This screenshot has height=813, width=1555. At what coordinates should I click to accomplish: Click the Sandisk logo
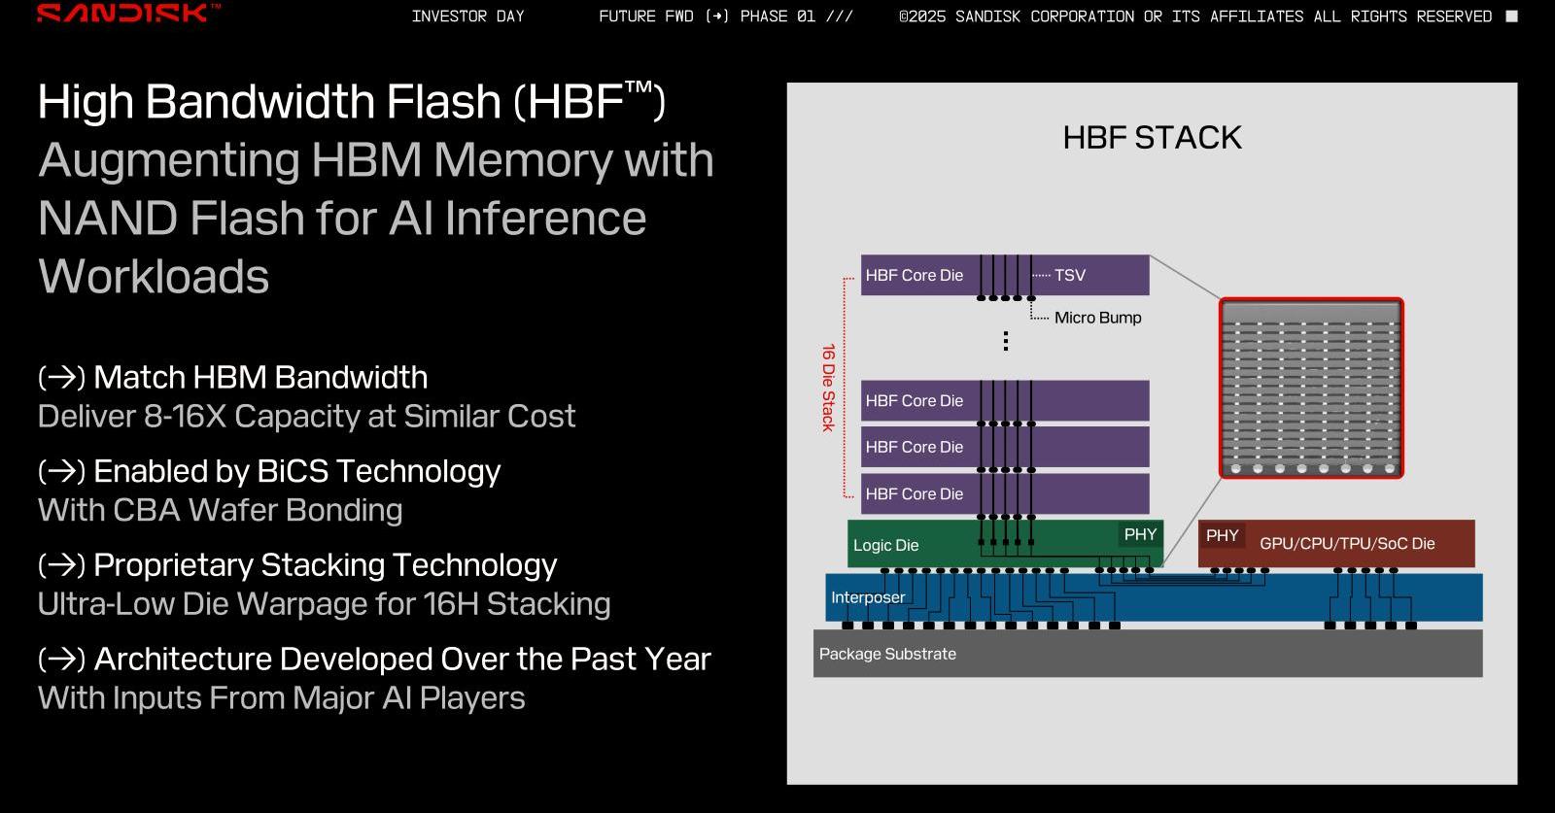128,13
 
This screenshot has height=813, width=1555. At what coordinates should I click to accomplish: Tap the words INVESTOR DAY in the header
467,16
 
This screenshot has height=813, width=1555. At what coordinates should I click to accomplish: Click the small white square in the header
1511,16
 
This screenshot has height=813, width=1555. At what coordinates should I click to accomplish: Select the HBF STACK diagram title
1153,137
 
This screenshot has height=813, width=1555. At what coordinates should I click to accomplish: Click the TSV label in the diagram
1070,276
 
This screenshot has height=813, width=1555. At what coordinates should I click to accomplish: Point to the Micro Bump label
1097,318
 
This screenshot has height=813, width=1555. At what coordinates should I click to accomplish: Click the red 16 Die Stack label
828,388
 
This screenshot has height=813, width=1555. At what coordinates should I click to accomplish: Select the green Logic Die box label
885,545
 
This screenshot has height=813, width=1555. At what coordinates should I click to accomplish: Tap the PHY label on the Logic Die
1141,534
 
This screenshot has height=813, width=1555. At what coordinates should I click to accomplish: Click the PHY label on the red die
1222,535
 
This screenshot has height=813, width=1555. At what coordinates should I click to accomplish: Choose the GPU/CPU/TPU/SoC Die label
1347,544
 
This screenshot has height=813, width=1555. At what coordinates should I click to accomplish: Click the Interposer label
868,597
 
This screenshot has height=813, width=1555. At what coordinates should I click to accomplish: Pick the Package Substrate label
887,654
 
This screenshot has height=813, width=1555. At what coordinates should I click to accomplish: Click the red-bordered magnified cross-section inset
1311,388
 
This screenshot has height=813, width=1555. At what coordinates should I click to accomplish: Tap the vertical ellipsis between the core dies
1006,341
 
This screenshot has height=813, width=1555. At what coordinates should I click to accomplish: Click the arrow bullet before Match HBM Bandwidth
62,378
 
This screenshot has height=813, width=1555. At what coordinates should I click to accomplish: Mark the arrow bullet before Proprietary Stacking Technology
62,565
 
